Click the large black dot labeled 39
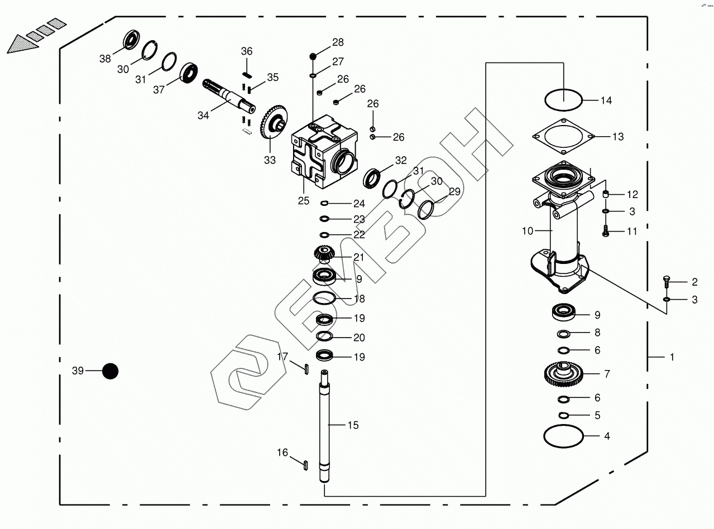pyautogui.click(x=111, y=371)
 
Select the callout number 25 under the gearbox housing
pyautogui.click(x=303, y=201)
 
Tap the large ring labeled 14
pyautogui.click(x=563, y=101)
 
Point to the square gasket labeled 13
pyautogui.click(x=563, y=137)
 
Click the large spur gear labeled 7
pyautogui.click(x=563, y=374)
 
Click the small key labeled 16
pyautogui.click(x=306, y=463)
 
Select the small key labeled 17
pyautogui.click(x=306, y=368)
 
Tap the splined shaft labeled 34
pyautogui.click(x=226, y=98)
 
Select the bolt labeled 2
pyautogui.click(x=667, y=281)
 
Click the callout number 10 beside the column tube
pyautogui.click(x=528, y=230)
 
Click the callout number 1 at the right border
pyautogui.click(x=672, y=357)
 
